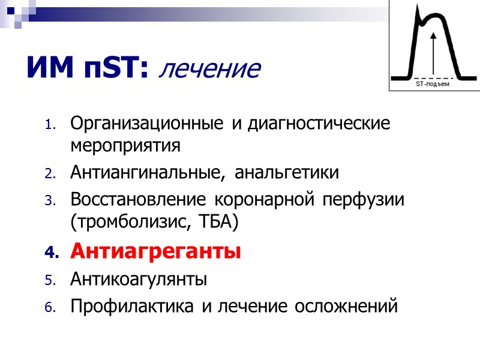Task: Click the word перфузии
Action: (366, 200)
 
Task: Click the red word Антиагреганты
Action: (155, 251)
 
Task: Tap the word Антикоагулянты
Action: (139, 280)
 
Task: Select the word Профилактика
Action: (133, 307)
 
